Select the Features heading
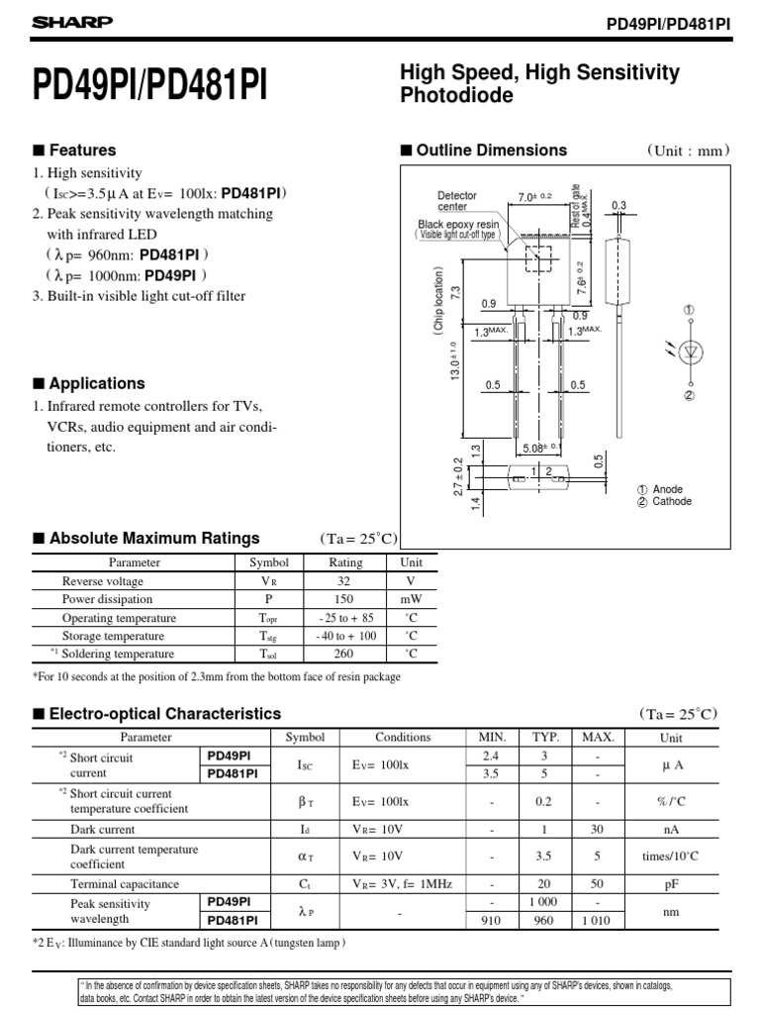pyautogui.click(x=83, y=151)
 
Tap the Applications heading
pyautogui.click(x=97, y=383)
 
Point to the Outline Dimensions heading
pyautogui.click(x=491, y=151)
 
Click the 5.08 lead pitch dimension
pyautogui.click(x=540, y=447)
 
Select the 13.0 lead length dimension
pyautogui.click(x=454, y=360)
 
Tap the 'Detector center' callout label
pyautogui.click(x=457, y=201)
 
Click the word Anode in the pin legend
pyautogui.click(x=669, y=489)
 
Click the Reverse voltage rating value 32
pyautogui.click(x=345, y=581)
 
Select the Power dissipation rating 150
pyautogui.click(x=345, y=599)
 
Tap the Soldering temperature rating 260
pyautogui.click(x=345, y=654)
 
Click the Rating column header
pyautogui.click(x=345, y=562)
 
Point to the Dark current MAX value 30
pyautogui.click(x=598, y=829)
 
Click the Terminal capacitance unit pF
pyautogui.click(x=670, y=884)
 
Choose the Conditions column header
pyautogui.click(x=403, y=737)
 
